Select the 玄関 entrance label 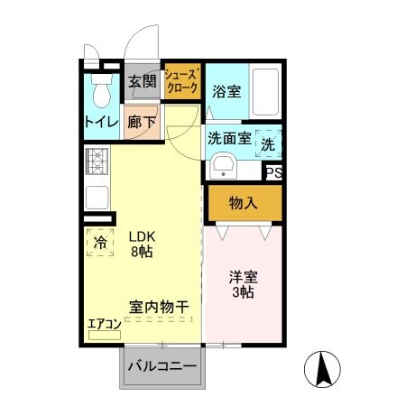143,82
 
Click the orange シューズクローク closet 180,80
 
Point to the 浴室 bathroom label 226,91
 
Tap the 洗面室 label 229,139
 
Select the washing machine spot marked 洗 269,143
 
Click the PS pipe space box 273,171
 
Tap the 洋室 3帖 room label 240,285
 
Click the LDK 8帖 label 141,244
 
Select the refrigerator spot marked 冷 101,242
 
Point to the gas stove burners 97,162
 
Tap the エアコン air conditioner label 104,324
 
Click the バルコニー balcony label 161,366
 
